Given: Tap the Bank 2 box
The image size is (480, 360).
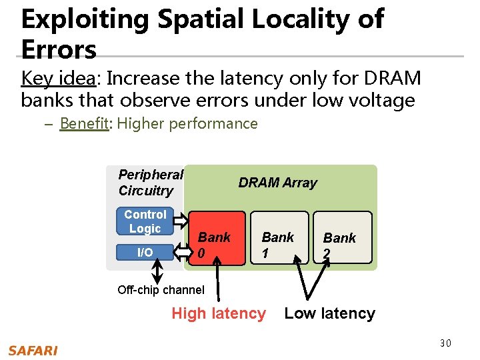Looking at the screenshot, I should tap(340, 237).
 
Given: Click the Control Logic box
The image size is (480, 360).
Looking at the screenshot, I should tap(145, 221).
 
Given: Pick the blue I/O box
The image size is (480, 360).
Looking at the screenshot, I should tap(145, 252).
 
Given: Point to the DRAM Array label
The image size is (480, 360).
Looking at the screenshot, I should tap(278, 183).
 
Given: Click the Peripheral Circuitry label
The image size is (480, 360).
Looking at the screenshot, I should tap(151, 183).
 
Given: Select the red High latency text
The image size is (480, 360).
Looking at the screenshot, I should tap(219, 313).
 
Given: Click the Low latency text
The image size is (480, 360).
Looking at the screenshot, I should tap(330, 313).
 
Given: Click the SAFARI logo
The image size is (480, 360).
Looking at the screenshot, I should tap(33, 350).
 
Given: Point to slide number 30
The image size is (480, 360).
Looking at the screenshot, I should tap(445, 343).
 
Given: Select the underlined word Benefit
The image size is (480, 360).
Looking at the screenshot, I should tap(84, 123).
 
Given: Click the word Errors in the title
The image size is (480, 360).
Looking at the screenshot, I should tap(59, 50).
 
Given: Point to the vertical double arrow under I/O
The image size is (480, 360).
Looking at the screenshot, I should tap(158, 271).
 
